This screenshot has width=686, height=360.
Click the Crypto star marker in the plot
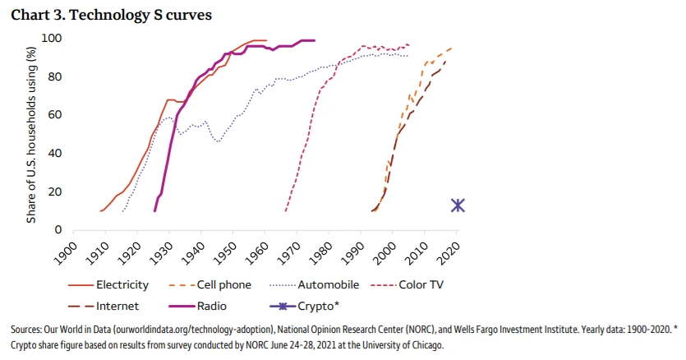458,205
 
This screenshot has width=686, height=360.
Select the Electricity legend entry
122,285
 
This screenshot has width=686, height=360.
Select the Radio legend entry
209,307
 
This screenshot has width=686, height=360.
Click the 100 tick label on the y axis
53,39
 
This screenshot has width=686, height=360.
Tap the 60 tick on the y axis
56,115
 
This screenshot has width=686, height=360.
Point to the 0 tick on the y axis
59,229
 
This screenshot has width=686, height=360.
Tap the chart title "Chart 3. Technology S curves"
102,14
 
